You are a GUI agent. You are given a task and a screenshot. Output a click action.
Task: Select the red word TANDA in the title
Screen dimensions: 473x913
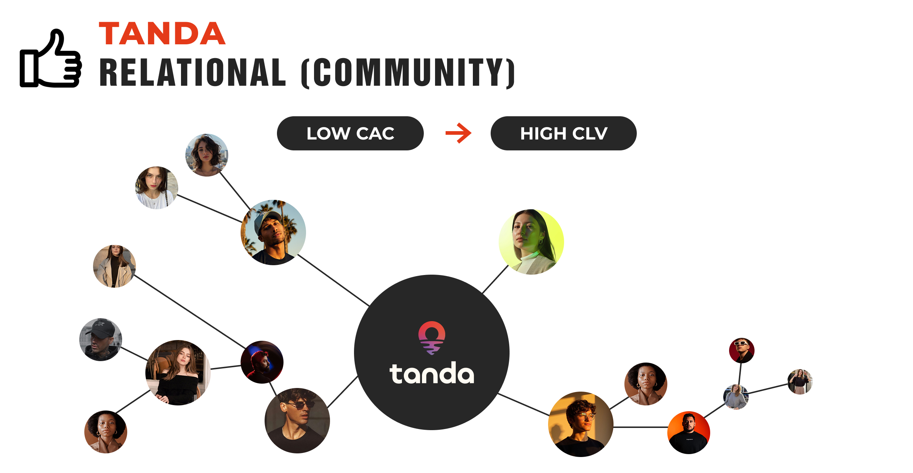tap(162, 34)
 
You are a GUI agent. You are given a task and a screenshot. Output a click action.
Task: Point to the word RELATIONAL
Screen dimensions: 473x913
tap(193, 73)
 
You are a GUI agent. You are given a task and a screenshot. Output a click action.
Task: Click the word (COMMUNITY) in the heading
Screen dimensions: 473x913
tap(408, 73)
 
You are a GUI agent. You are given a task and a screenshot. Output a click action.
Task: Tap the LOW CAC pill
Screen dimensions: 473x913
tap(350, 133)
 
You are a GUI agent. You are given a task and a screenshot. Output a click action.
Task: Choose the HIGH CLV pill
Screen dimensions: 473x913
tap(563, 133)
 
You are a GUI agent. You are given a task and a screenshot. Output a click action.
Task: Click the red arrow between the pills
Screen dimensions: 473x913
tap(459, 133)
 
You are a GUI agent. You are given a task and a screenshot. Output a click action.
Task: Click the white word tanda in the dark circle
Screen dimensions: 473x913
tap(431, 373)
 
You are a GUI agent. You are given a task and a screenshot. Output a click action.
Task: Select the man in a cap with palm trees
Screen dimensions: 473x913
tap(273, 233)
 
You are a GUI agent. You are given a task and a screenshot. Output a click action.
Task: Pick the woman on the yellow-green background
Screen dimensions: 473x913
tap(531, 242)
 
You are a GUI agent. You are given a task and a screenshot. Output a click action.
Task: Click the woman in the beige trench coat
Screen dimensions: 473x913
tap(114, 266)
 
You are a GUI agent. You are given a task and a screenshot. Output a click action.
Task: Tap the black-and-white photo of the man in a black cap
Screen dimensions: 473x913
tap(101, 340)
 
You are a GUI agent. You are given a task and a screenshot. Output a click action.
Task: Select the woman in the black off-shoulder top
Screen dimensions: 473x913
tap(178, 373)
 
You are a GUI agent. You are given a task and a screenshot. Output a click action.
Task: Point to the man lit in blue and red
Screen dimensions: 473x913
tap(262, 362)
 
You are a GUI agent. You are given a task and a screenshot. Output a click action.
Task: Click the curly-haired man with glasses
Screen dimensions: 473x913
tap(580, 424)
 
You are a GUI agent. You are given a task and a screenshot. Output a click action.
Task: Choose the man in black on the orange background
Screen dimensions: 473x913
tap(689, 432)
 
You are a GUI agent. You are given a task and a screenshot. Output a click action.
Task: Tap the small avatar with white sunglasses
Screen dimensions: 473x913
tap(741, 350)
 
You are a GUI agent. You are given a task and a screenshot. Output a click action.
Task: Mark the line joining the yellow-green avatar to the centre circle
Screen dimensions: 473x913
tap(495, 279)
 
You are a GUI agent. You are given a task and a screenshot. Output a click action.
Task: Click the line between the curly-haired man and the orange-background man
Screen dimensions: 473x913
tap(640, 427)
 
